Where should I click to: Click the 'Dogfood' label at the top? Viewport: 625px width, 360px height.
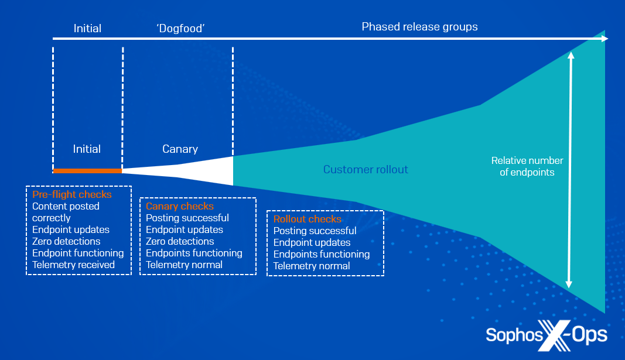tap(180, 28)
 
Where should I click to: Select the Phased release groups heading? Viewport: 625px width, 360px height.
tap(419, 26)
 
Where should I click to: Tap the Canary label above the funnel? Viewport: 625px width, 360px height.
tap(180, 149)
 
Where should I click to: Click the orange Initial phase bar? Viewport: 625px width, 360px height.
tap(87, 171)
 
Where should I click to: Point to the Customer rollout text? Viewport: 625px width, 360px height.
tap(366, 170)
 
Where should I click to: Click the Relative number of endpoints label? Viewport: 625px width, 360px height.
tap(527, 166)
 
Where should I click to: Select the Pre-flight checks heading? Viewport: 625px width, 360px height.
tap(72, 194)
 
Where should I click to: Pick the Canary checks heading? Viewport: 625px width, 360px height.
tap(180, 206)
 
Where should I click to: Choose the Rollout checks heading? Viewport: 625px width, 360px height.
tap(308, 219)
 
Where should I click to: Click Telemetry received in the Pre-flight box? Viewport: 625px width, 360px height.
tap(74, 265)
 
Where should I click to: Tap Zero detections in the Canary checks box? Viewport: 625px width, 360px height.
tap(180, 241)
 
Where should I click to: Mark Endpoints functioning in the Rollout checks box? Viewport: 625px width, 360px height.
tap(322, 254)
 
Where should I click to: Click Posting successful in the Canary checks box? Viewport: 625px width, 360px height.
tap(187, 218)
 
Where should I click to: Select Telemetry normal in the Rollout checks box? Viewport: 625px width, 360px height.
tap(312, 266)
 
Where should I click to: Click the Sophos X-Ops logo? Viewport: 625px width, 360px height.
tap(546, 335)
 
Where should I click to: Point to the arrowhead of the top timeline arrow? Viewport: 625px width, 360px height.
tap(604, 39)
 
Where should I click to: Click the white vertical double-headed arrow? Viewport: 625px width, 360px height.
tap(569, 170)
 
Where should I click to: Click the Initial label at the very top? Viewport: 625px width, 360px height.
tap(87, 28)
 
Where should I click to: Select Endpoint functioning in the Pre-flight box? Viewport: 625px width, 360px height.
tap(78, 253)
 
